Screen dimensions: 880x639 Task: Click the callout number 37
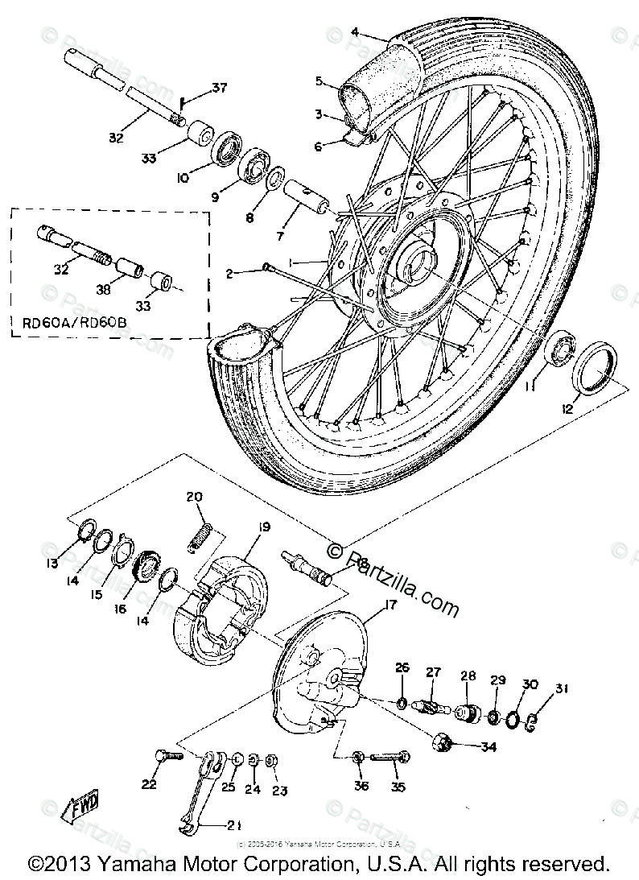point(198,88)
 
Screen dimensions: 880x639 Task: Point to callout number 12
point(568,409)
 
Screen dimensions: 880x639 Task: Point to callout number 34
point(489,746)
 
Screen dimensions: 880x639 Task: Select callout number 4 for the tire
point(353,33)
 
